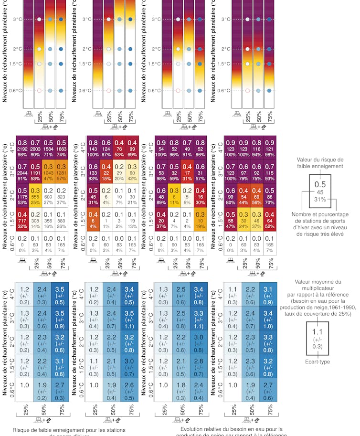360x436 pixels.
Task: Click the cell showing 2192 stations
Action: pyautogui.click(x=22, y=148)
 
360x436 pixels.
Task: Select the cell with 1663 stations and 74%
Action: pyautogui.click(x=62, y=148)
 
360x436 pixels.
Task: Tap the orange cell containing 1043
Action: pyautogui.click(x=49, y=171)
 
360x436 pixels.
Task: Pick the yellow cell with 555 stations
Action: pyautogui.click(x=35, y=195)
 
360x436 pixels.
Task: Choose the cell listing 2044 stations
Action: pyautogui.click(x=22, y=171)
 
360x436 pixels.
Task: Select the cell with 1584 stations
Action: pyautogui.click(x=49, y=148)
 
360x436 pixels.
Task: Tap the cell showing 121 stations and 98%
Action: pyautogui.click(x=271, y=148)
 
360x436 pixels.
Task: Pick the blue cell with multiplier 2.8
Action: pyautogui.click(x=200, y=366)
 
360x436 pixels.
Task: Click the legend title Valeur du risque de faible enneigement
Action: pyautogui.click(x=319, y=162)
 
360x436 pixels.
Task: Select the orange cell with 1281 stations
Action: pyautogui.click(x=62, y=171)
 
